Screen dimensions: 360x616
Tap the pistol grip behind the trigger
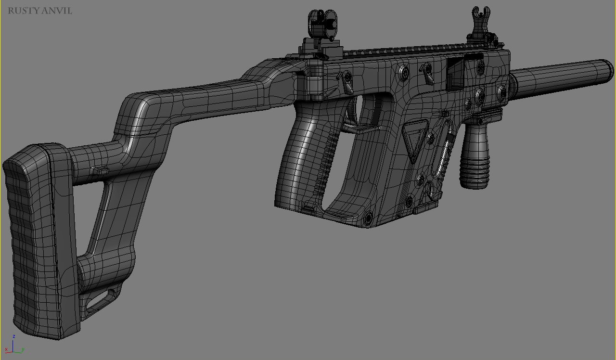coord(303,154)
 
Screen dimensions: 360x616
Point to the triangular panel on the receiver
coord(414,140)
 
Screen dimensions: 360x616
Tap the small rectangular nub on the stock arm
coord(99,169)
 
